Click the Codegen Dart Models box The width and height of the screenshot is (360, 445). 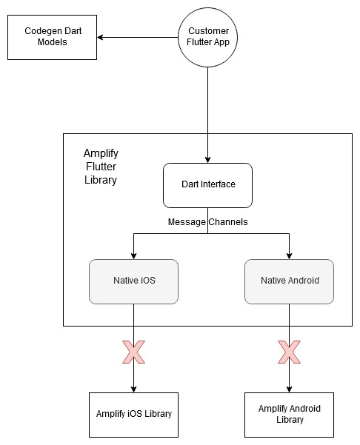[52, 37]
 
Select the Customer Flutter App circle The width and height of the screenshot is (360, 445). [207, 37]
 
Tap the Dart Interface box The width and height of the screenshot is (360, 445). [207, 185]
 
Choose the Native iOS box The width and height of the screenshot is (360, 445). [134, 281]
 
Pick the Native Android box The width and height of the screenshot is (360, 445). [289, 281]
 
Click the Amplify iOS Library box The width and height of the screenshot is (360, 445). [134, 415]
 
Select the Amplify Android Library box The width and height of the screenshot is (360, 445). [289, 415]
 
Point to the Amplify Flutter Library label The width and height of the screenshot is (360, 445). [101, 167]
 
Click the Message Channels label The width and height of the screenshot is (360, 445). [208, 221]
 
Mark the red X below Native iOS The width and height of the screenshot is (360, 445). [134, 352]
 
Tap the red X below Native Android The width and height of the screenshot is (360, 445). [289, 352]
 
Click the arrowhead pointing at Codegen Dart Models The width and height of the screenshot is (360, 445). [100, 37]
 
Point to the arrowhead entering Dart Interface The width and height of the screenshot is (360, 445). [207, 160]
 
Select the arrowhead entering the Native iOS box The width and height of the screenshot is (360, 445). [134, 256]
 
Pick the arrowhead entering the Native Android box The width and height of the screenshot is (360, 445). [289, 256]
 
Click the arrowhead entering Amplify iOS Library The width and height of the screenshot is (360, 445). [134, 389]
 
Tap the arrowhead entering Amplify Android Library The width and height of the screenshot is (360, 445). [289, 389]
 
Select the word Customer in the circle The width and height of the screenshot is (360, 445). [208, 30]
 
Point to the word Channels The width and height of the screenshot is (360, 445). [228, 221]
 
